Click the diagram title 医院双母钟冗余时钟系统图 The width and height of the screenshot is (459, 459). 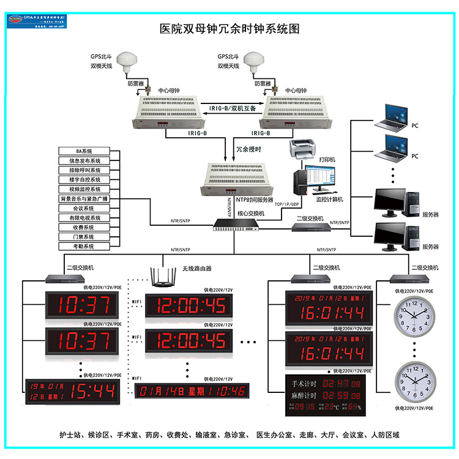click(229, 29)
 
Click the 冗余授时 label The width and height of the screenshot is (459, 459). click(248, 149)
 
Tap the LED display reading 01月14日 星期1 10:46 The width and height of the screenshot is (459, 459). click(191, 390)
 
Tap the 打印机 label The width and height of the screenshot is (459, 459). click(328, 159)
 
